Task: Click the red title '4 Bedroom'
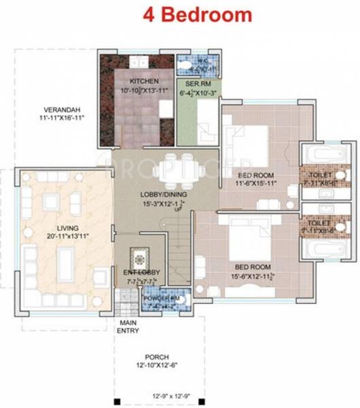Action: [x=196, y=14]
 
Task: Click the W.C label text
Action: [x=194, y=59]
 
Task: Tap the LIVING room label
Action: [x=58, y=227]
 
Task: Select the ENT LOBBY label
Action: [x=142, y=273]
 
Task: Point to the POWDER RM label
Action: [x=160, y=299]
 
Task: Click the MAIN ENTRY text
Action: [x=128, y=327]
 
